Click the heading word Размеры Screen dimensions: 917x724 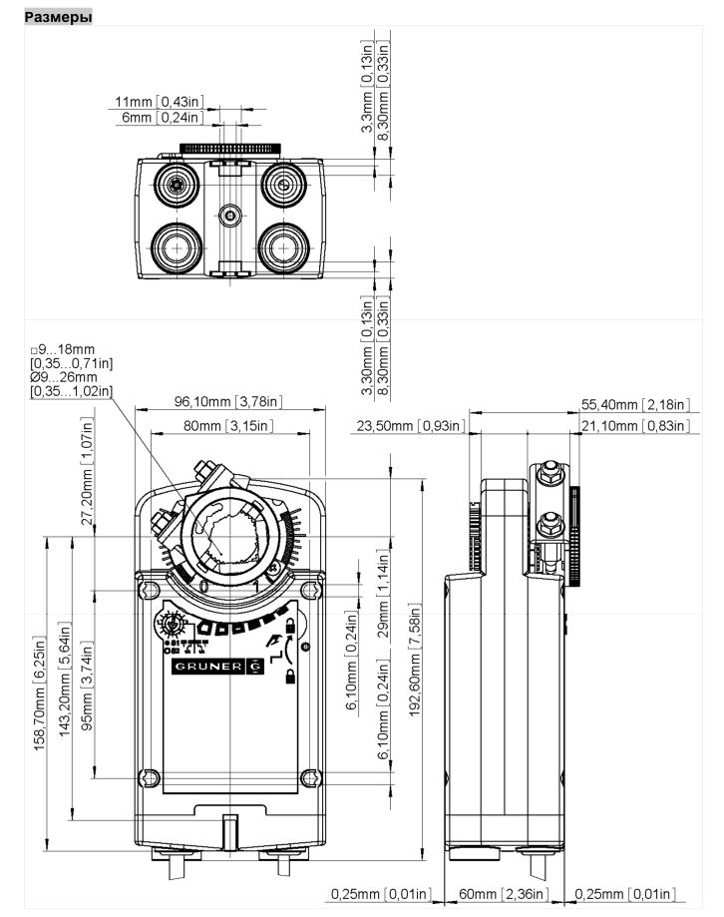point(58,17)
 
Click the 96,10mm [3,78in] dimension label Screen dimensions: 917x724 point(230,402)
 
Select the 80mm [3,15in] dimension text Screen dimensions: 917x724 point(228,426)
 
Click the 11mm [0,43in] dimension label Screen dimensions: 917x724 point(159,102)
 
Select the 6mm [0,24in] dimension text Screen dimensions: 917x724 point(162,117)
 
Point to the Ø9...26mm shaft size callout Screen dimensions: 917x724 point(64,378)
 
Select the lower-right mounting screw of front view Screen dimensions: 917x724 point(311,777)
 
